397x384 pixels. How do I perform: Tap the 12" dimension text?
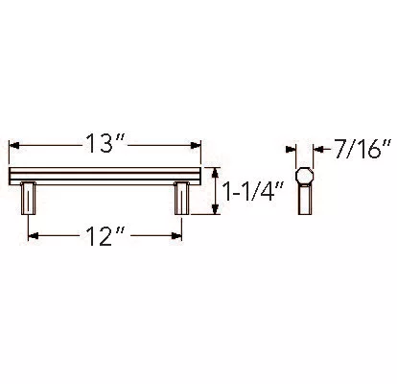[105, 234]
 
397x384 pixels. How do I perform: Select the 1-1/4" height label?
[248, 192]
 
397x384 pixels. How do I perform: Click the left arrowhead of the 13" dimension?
[13, 145]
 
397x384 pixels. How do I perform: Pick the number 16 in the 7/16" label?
[369, 149]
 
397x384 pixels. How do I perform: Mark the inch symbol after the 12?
[124, 230]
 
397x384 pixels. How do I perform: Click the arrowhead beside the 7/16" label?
[319, 149]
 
